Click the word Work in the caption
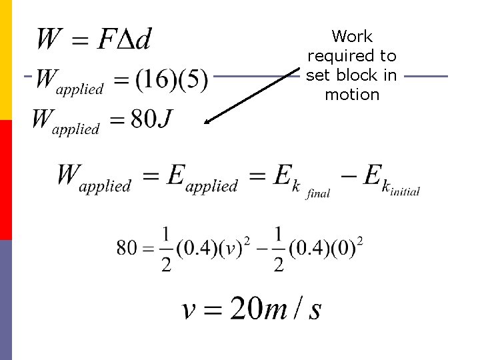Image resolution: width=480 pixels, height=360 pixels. (x=352, y=36)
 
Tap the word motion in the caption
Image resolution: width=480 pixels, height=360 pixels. (x=352, y=95)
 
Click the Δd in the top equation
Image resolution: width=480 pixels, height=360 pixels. (x=133, y=39)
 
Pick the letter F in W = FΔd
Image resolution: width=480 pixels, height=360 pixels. (x=106, y=39)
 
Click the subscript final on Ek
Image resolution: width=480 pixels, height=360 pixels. (x=319, y=193)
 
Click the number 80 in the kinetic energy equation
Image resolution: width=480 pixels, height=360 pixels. (x=127, y=249)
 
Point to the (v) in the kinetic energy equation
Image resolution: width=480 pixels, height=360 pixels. (x=229, y=249)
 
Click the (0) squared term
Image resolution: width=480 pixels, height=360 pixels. (x=345, y=249)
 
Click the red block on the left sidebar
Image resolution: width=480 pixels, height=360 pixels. (x=6, y=179)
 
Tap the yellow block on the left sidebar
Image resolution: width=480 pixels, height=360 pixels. (x=6, y=60)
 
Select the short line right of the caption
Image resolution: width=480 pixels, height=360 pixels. (x=425, y=76)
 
